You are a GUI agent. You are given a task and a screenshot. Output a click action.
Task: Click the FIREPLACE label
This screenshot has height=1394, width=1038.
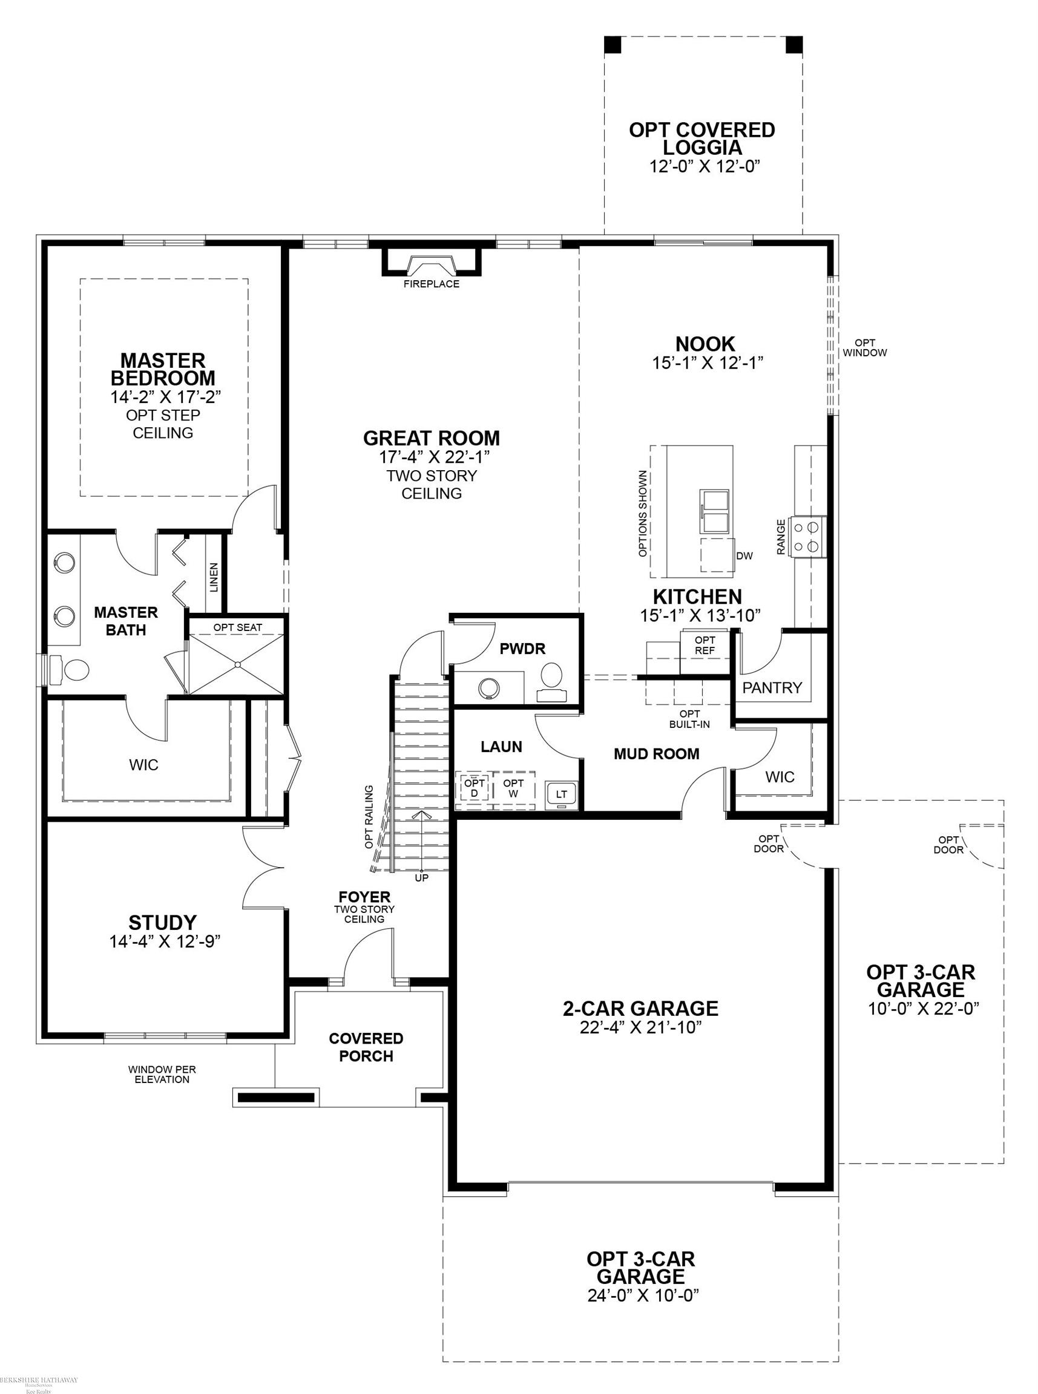pos(431,284)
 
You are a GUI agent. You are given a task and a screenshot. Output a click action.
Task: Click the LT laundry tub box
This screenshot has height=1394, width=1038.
pos(561,794)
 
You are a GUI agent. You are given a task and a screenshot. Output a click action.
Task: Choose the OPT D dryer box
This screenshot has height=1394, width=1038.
pos(475,788)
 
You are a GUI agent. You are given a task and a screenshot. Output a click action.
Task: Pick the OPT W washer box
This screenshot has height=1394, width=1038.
pos(513,788)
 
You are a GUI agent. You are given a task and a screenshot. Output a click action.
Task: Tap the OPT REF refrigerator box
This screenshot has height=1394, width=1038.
pos(705,646)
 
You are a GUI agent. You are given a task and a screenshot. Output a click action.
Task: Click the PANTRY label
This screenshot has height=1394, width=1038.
pos(772,687)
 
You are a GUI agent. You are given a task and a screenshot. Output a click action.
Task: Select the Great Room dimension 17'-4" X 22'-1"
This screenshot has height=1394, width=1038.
pos(432,457)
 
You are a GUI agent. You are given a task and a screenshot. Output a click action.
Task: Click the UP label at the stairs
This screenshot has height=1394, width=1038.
pos(422,878)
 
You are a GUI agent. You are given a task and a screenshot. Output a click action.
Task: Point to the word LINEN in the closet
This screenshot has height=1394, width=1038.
pos(214,577)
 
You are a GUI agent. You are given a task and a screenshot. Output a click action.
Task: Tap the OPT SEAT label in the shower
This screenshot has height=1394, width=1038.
pos(237,627)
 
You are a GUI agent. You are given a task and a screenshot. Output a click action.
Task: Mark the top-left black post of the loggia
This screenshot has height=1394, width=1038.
pos(613,45)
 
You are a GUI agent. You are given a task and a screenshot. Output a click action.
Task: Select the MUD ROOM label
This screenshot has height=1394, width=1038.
pos(657,753)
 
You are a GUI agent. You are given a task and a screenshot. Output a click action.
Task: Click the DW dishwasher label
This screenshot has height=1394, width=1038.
pos(744,555)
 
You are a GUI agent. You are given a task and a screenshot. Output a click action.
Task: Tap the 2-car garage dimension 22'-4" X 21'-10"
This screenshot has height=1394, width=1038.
pos(640,1028)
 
